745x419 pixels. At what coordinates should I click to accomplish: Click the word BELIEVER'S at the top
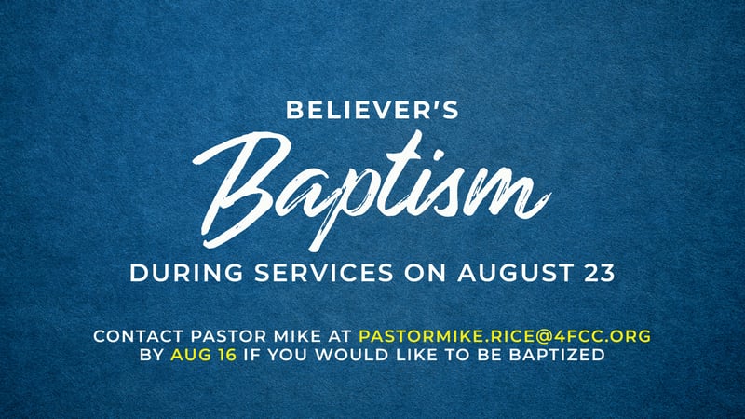(372, 110)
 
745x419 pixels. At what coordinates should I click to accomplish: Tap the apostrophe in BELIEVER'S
(433, 104)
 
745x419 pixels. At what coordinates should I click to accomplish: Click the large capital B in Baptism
(237, 190)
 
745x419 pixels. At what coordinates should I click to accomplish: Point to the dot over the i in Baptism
(439, 156)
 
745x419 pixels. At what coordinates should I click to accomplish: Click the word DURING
(186, 273)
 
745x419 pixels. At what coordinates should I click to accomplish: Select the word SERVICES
(324, 273)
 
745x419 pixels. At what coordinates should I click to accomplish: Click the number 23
(600, 273)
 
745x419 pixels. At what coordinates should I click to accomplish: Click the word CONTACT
(138, 336)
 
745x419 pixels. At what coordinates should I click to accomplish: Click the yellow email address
(505, 336)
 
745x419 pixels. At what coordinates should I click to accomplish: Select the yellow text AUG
(191, 355)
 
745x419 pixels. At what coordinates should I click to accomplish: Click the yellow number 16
(227, 355)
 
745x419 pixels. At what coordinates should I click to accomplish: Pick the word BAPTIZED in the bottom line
(557, 355)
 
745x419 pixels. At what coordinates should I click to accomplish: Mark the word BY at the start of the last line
(152, 355)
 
